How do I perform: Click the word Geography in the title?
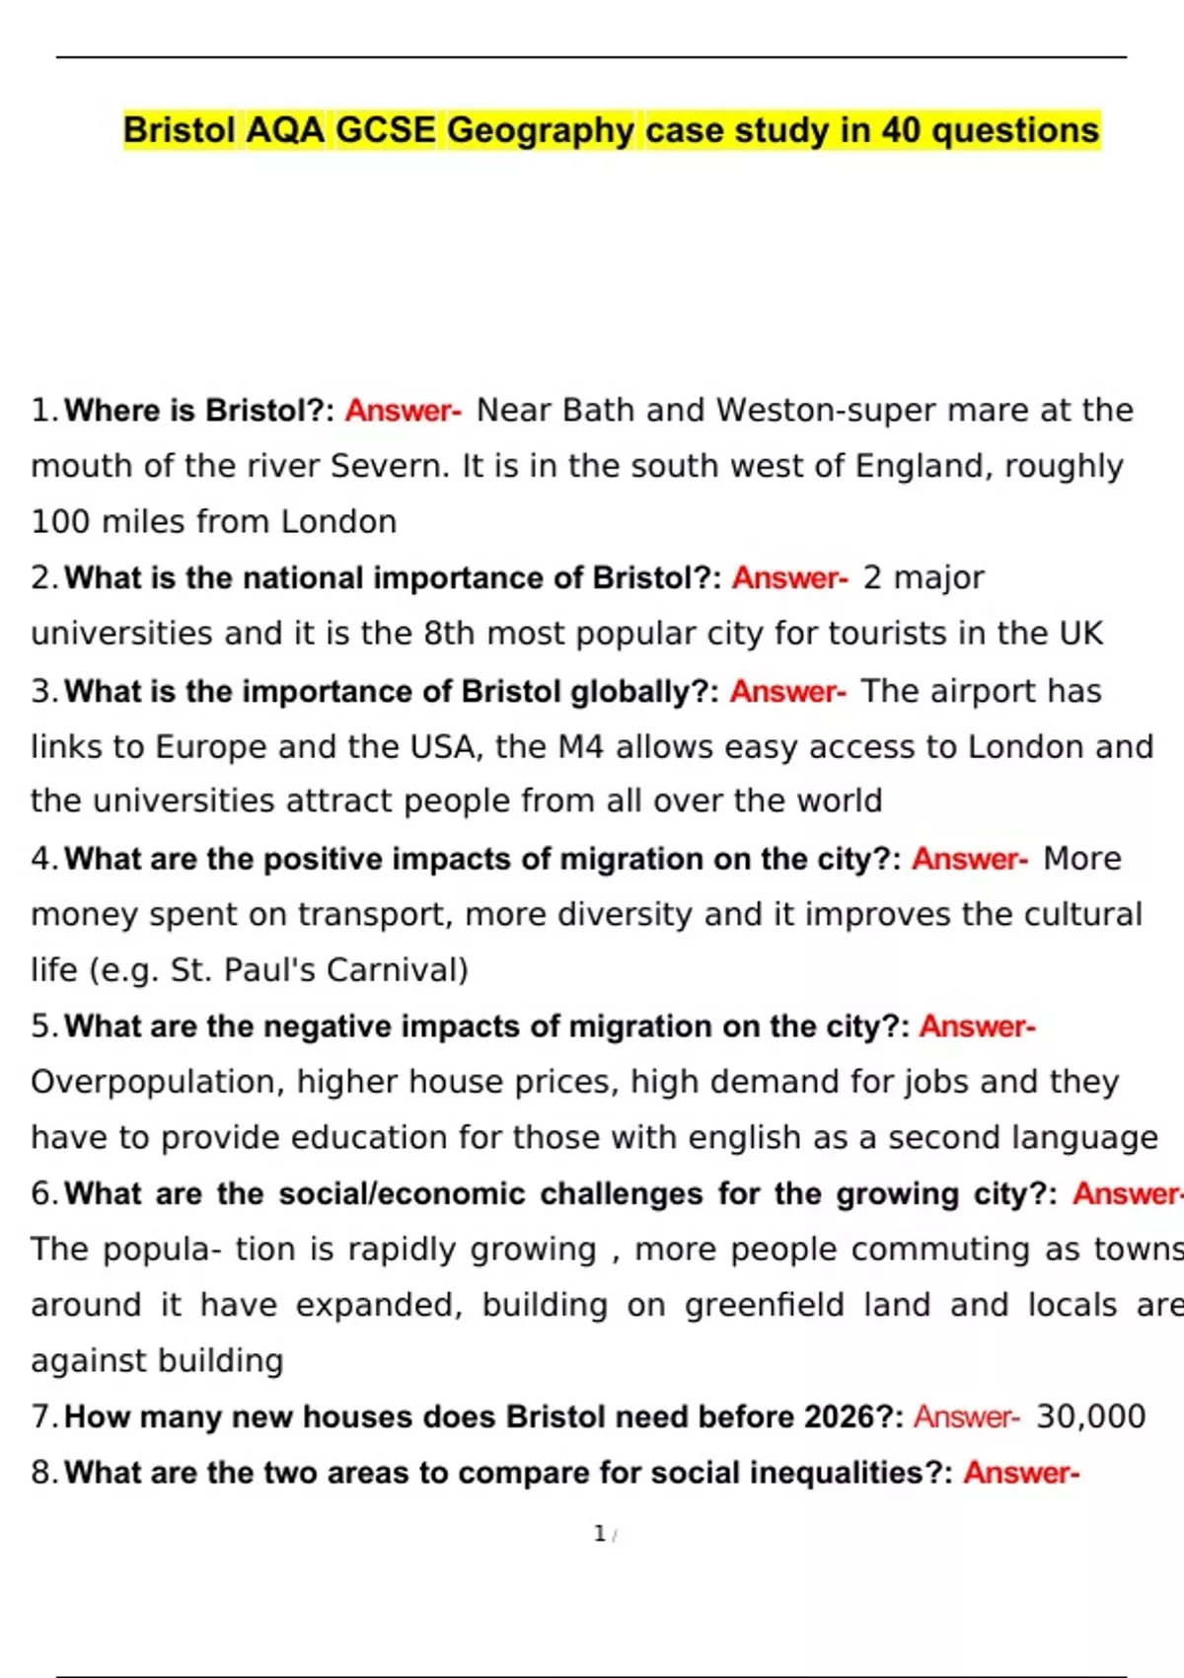(541, 130)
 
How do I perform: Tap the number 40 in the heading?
(901, 130)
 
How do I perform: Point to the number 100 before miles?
(60, 521)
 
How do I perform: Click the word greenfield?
(765, 1305)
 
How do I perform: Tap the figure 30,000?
(1090, 1416)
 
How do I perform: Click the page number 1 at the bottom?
(599, 1534)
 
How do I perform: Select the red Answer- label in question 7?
(967, 1416)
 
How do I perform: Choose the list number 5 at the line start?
(42, 1027)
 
